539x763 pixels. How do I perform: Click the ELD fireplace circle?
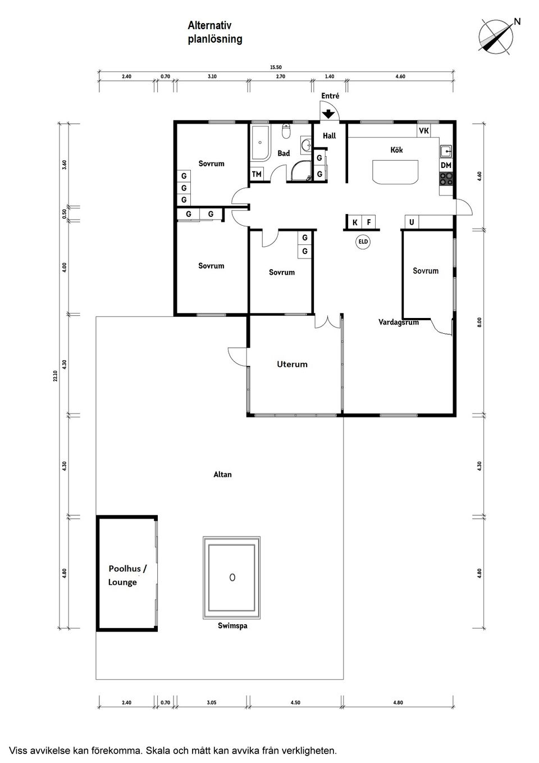coord(363,242)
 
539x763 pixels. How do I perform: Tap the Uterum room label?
coord(292,364)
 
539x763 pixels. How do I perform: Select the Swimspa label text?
coord(232,626)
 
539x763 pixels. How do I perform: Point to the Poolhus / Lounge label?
coord(127,575)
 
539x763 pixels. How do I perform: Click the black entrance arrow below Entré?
coord(328,113)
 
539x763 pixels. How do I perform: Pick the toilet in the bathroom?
coord(286,131)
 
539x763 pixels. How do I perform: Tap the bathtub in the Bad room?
coord(261,142)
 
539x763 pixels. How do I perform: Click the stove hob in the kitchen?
coord(446,179)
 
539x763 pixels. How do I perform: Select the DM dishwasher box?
coord(446,165)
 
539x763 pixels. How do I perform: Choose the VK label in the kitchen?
coord(424,130)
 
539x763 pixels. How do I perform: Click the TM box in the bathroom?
coord(257,174)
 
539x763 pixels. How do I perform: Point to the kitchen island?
coord(395,172)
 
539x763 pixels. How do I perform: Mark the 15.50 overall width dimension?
coord(276,67)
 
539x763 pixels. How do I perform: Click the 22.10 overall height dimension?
coord(55,376)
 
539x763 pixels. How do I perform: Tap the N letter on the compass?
coord(517,21)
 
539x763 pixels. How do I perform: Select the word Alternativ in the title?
coord(209,25)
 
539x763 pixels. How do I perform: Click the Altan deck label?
coord(222,475)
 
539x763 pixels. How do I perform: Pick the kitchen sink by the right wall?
coord(446,151)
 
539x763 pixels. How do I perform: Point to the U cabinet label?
coord(412,222)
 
